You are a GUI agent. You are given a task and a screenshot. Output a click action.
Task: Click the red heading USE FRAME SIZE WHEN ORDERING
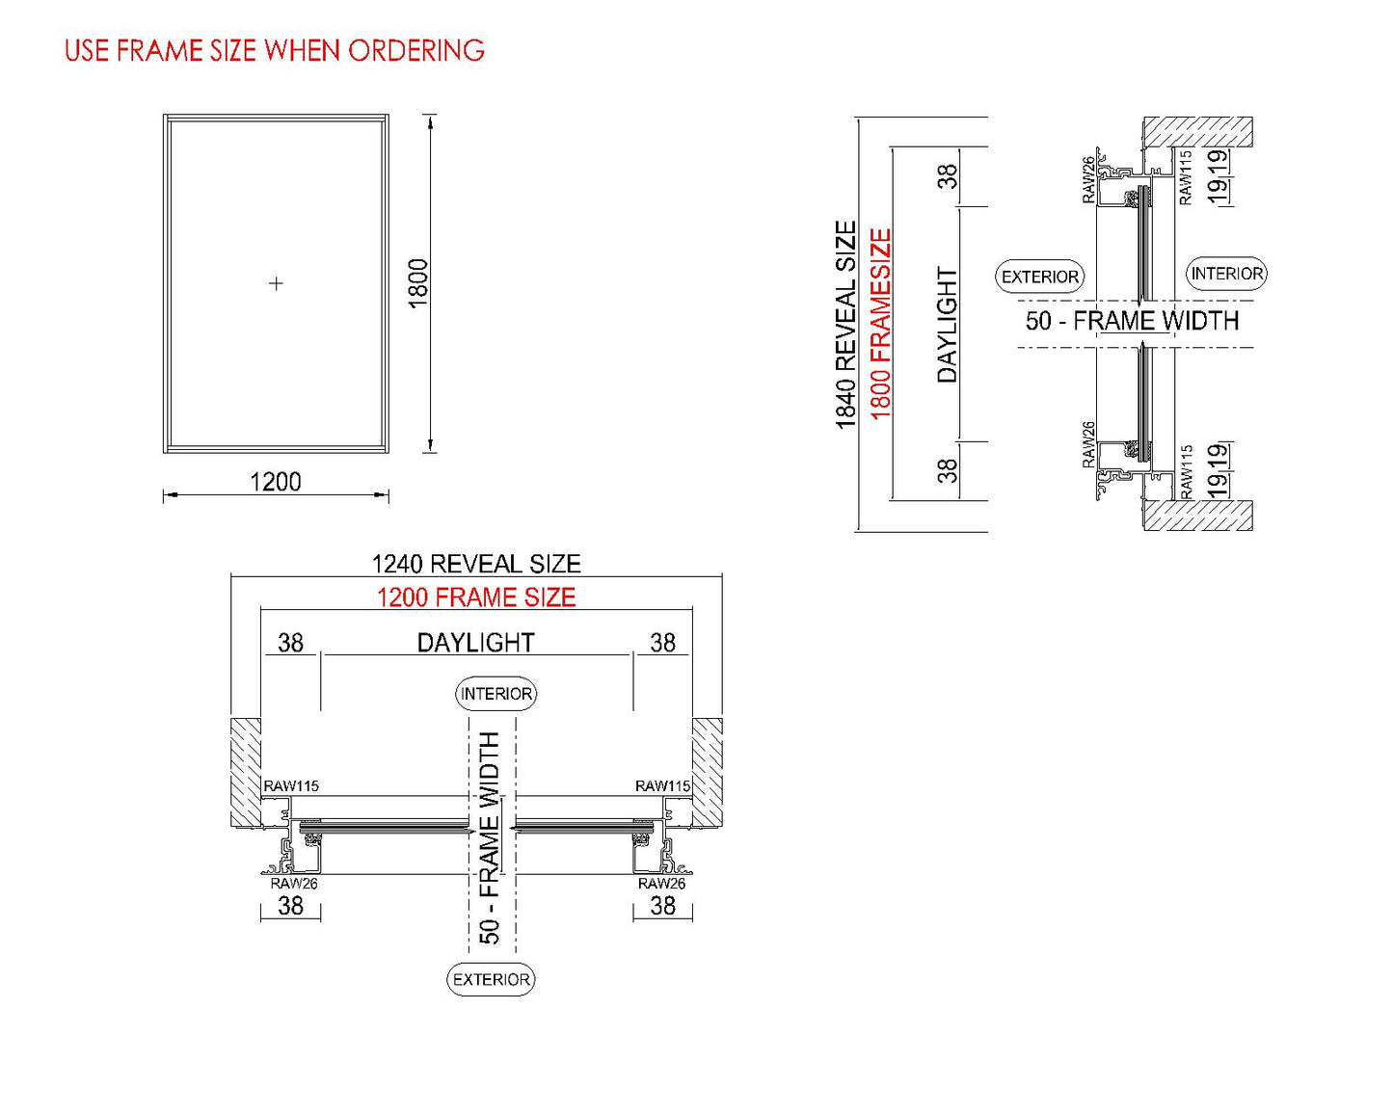point(275,50)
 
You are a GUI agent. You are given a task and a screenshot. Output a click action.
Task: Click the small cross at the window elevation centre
point(277,283)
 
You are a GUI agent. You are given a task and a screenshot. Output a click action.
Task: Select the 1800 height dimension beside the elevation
point(418,283)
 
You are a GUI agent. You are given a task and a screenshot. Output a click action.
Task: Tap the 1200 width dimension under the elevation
point(276,482)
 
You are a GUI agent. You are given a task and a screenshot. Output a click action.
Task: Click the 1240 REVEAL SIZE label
point(476,564)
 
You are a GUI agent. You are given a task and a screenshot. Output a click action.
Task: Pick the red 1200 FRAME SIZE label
point(476,597)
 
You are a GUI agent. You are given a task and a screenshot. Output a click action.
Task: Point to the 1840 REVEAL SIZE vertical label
point(845,325)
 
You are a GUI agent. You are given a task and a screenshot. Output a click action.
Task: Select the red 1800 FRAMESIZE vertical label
point(881,325)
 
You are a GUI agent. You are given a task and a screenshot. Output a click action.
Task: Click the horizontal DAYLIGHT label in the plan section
point(475,643)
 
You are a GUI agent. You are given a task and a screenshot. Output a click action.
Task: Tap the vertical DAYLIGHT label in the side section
point(948,325)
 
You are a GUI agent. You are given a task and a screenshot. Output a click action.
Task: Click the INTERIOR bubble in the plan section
point(496,694)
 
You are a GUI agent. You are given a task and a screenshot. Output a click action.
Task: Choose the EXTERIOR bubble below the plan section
point(492,979)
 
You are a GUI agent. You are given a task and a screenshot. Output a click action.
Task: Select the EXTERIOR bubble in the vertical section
point(1039,277)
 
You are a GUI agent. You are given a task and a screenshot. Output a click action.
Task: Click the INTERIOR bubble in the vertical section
point(1226,274)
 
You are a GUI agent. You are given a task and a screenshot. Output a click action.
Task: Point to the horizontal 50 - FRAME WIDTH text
point(1132,321)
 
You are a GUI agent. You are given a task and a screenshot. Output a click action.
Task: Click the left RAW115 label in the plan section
point(291,786)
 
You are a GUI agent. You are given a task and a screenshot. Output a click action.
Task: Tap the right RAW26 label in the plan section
point(661,883)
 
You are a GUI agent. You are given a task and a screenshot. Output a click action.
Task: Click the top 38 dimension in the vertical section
point(948,176)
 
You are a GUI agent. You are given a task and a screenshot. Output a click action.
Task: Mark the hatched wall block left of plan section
point(245,771)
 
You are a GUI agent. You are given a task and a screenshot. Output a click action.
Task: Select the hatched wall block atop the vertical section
point(1197,132)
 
